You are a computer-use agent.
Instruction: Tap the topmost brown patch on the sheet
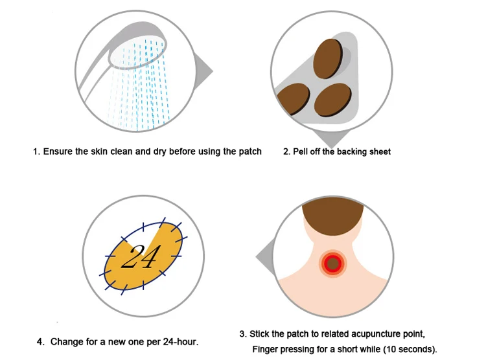328,58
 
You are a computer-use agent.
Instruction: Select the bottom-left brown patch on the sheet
293,98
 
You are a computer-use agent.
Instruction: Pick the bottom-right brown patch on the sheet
333,100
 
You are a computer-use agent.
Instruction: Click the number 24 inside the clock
141,256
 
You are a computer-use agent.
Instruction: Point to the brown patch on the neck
332,264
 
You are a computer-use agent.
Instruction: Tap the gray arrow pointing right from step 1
203,71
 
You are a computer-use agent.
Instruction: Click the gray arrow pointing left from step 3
265,256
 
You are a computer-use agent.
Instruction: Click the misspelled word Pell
299,152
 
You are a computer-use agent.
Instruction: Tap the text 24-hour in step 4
179,341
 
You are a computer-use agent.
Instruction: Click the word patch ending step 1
250,152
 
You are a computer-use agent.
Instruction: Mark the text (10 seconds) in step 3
410,350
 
